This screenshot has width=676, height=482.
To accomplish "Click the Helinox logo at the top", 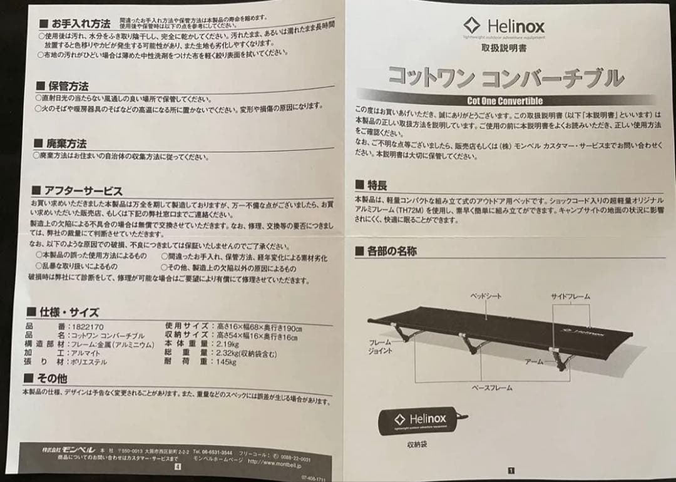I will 504,26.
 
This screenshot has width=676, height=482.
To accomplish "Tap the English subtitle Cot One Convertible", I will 504,101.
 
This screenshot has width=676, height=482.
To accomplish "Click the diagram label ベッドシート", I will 486,296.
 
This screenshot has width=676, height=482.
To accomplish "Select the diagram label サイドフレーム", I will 570,296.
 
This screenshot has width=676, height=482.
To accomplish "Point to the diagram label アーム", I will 534,362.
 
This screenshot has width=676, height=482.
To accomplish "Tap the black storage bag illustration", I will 421,420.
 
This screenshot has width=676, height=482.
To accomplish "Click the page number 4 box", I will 178,466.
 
